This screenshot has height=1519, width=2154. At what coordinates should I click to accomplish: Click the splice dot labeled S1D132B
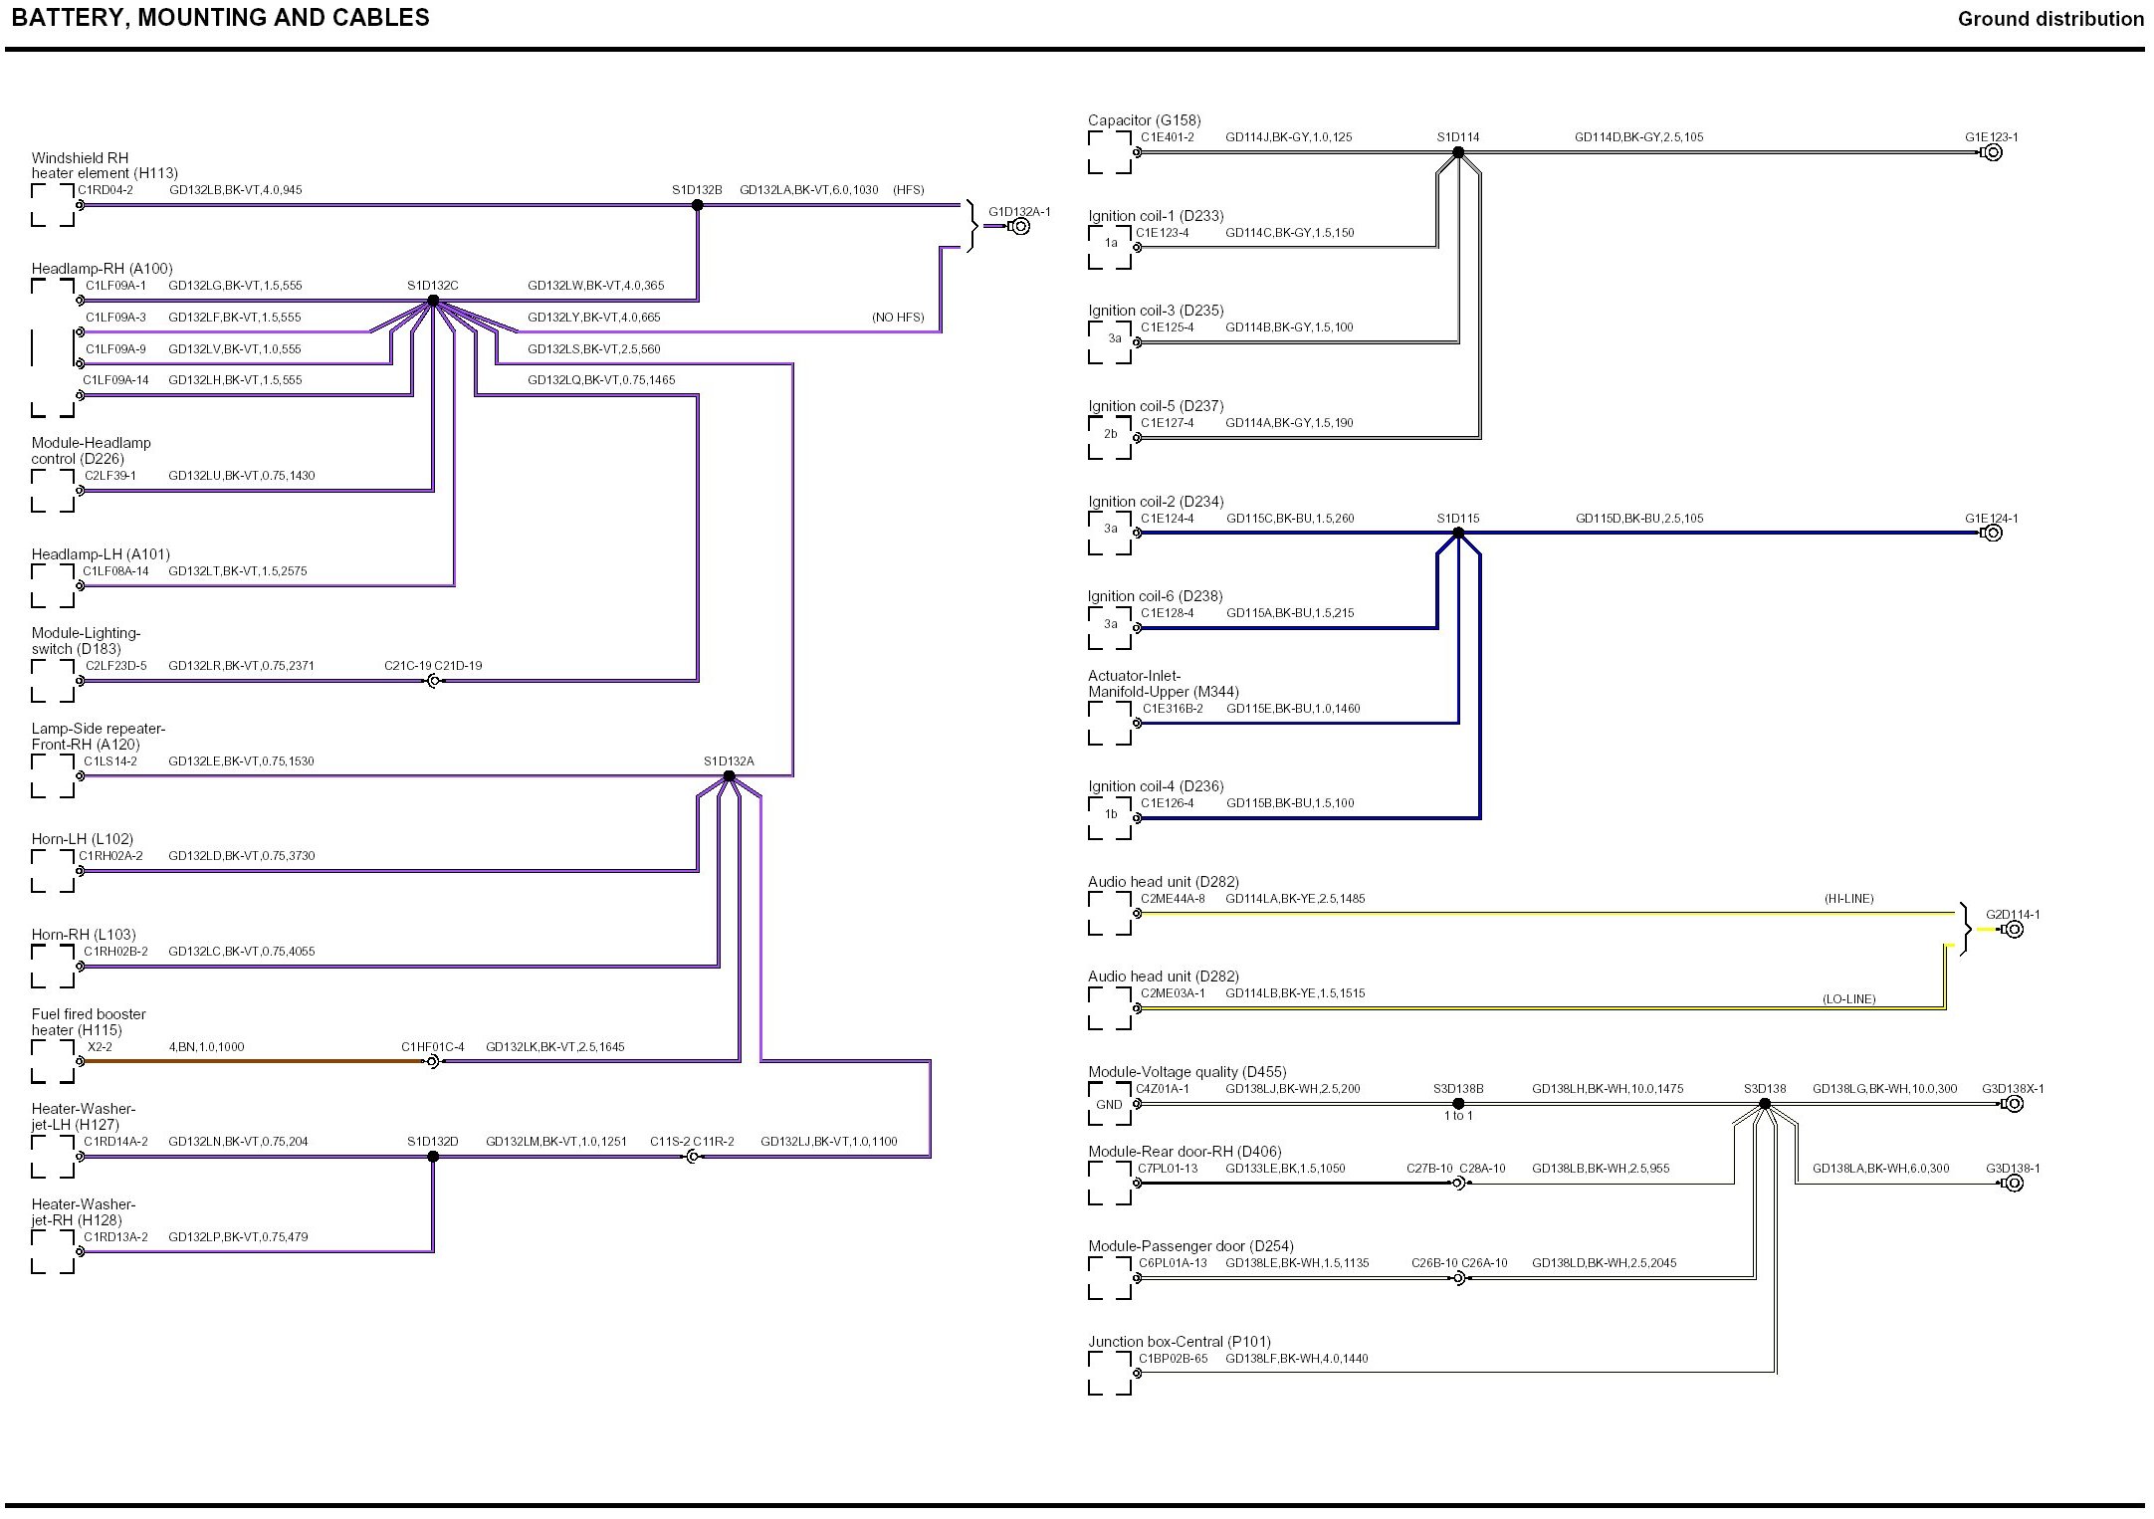coord(698,205)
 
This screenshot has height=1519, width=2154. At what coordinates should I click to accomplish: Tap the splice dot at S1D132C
coord(433,301)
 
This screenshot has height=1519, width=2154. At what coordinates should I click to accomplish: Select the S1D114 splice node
coord(1458,152)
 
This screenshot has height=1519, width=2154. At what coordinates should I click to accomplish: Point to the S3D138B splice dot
coord(1458,1104)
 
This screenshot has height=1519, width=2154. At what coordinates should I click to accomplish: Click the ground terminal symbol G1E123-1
coord(1993,152)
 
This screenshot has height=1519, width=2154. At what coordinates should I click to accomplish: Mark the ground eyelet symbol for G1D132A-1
coord(1020,226)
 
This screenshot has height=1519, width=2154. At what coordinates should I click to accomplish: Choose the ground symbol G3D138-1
coord(2014,1184)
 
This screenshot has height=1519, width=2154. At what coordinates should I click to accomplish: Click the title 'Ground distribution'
coord(2050,19)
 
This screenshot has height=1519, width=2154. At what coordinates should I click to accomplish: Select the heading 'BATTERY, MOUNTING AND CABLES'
coord(221,18)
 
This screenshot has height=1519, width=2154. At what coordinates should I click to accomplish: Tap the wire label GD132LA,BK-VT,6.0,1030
coord(808,190)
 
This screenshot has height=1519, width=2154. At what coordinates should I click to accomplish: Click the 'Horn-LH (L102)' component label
coord(82,839)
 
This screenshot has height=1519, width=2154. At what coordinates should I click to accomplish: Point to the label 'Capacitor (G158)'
coord(1144,120)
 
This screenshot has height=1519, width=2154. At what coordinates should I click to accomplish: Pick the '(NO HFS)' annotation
coord(898,318)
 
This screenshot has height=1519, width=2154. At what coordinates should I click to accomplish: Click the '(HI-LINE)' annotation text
coord(1848,899)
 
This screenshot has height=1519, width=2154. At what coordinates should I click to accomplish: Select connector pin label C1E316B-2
coord(1173,709)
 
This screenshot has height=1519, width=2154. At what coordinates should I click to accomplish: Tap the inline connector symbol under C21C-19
coord(433,682)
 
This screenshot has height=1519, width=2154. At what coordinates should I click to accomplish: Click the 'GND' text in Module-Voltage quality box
coord(1109,1105)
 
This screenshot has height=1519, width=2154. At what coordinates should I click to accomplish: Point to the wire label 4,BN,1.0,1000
coord(206,1047)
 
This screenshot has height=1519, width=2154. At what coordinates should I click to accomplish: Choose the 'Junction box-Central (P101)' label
coord(1179,1342)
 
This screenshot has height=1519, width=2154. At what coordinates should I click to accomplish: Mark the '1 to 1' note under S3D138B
coord(1458,1116)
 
